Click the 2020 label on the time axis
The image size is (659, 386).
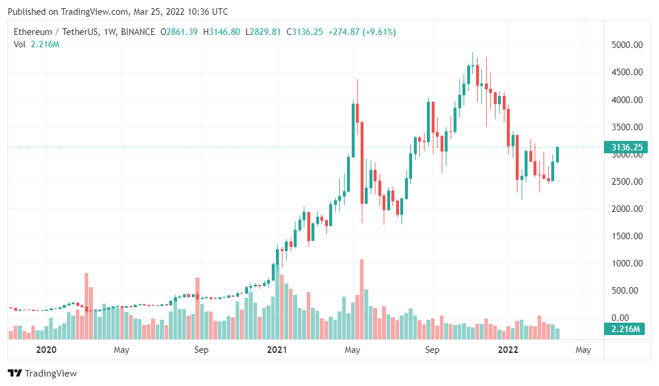click(x=46, y=350)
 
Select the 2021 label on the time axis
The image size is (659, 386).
click(x=277, y=350)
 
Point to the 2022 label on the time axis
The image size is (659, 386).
click(x=508, y=350)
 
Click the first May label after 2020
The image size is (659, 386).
click(x=121, y=350)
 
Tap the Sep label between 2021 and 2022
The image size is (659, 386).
click(x=432, y=350)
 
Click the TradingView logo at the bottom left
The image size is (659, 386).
click(x=42, y=374)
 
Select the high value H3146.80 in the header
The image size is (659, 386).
click(x=221, y=31)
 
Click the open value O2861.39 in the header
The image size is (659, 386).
click(x=179, y=31)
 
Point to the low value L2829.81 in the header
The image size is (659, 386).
click(x=263, y=31)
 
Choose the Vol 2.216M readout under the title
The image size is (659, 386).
click(x=37, y=44)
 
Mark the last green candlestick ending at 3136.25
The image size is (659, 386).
click(x=557, y=155)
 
